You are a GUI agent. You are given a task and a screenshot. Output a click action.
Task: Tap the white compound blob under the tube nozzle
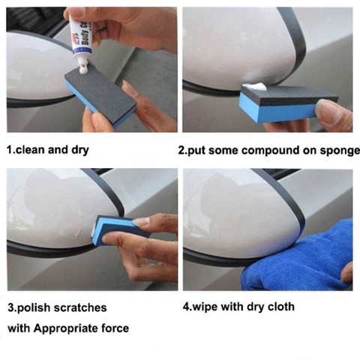click(82, 69)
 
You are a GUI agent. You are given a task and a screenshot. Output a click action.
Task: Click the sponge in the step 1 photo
click(100, 94)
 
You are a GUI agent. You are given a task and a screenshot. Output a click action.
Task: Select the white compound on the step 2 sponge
click(255, 87)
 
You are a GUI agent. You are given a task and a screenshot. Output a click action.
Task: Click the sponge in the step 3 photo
click(118, 230)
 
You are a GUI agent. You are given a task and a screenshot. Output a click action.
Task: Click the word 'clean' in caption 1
click(30, 150)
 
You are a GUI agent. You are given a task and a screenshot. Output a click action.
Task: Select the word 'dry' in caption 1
click(80, 150)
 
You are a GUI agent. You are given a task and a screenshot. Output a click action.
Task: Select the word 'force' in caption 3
click(115, 328)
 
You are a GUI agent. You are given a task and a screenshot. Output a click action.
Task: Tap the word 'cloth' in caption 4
click(281, 307)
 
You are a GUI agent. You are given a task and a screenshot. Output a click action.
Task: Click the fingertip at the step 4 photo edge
click(347, 273)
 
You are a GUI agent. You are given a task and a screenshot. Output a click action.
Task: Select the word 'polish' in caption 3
click(33, 307)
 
